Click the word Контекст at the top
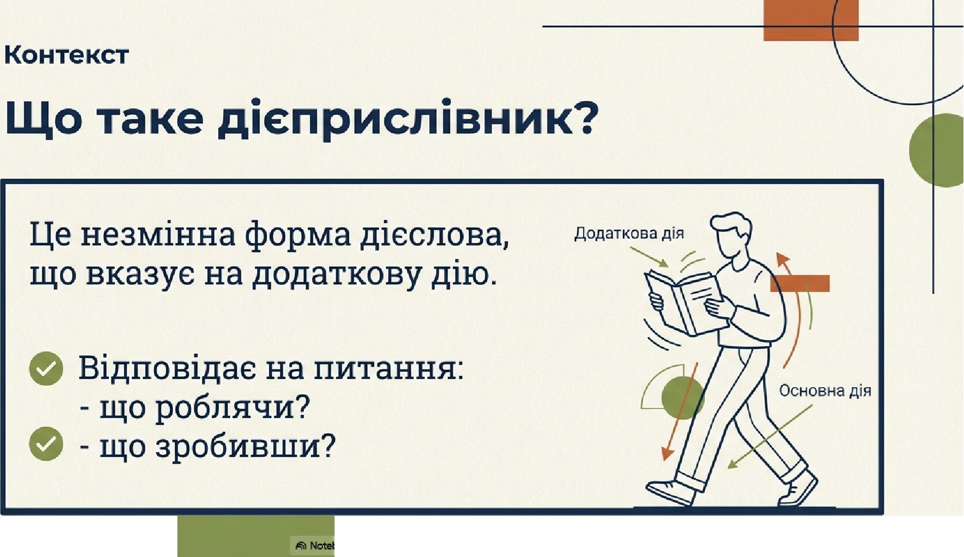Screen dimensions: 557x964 pyautogui.click(x=66, y=55)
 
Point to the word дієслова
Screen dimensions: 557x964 pyautogui.click(x=434, y=235)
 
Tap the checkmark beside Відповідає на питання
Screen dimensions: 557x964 pyautogui.click(x=46, y=368)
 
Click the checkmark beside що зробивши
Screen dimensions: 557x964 pyautogui.click(x=46, y=443)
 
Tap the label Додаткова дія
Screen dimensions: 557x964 pyautogui.click(x=629, y=233)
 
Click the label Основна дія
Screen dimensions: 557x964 pyautogui.click(x=825, y=391)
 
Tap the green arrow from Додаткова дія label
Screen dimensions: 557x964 pyautogui.click(x=649, y=257)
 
